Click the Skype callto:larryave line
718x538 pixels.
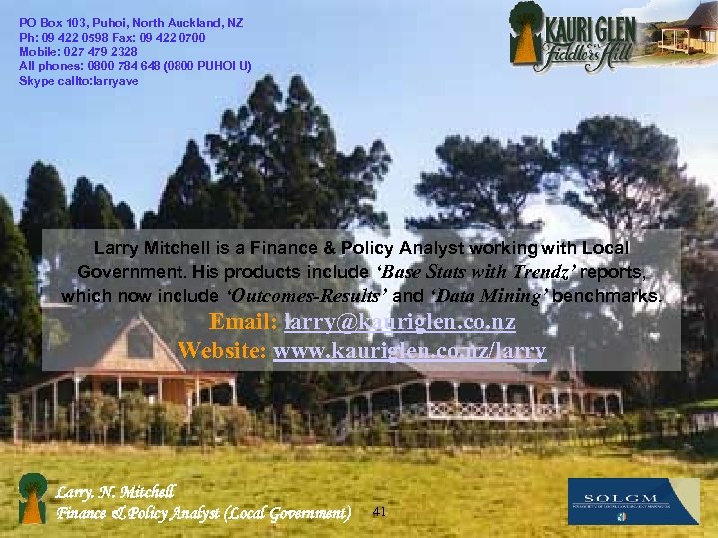(x=79, y=81)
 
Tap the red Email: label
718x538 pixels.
(x=244, y=323)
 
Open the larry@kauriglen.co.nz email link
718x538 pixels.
(x=399, y=323)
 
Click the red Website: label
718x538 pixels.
(x=222, y=350)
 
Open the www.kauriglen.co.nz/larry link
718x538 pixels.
(x=409, y=350)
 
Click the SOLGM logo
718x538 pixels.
(x=633, y=501)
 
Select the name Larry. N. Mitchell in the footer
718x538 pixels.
(x=116, y=492)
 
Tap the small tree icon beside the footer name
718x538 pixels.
(x=33, y=497)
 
